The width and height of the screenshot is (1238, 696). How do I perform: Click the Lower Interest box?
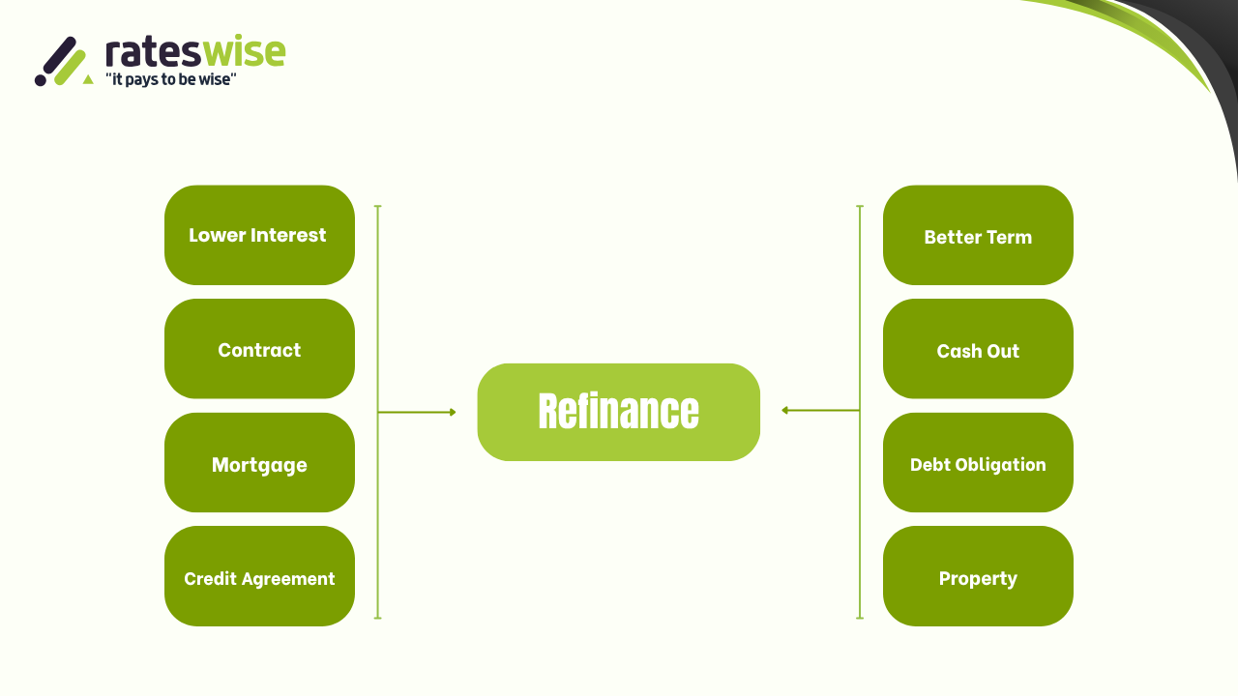pos(259,235)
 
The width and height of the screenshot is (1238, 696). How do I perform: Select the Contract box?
pos(259,349)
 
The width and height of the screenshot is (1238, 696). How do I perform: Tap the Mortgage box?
pos(259,463)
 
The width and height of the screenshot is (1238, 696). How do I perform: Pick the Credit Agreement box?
pos(259,577)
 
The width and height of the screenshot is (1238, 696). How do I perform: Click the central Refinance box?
pos(618,412)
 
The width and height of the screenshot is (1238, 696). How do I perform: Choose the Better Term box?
pos(978,235)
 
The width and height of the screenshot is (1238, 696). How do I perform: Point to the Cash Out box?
pos(978,349)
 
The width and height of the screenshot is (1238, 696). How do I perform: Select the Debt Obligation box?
pos(978,463)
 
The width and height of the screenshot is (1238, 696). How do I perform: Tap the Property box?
pos(978,577)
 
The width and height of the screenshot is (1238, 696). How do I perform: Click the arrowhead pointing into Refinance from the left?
pos(452,413)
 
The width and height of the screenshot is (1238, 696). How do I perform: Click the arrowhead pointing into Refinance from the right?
pos(785,411)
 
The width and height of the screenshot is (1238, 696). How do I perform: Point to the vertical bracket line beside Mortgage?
pos(377,464)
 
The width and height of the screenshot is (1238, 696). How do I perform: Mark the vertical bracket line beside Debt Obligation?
pos(860,464)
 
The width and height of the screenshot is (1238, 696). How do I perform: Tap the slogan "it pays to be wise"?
pos(171,80)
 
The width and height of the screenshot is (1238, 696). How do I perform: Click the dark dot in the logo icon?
pos(41,80)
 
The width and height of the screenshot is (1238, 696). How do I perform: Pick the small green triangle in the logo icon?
pos(88,79)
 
